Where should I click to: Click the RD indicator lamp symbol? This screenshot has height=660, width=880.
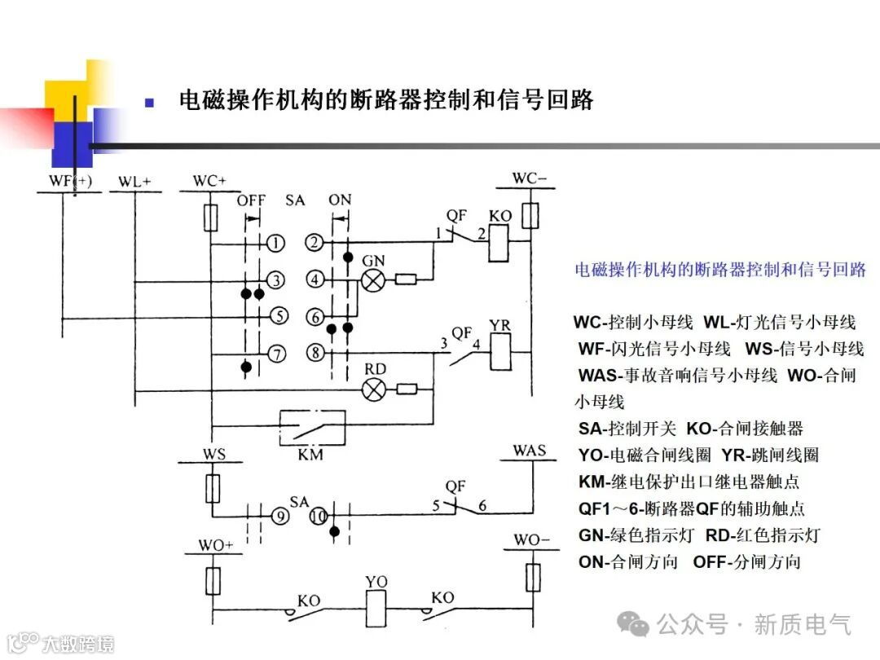[373, 389]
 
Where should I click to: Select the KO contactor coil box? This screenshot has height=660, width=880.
[499, 243]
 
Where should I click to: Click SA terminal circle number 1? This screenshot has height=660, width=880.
[277, 243]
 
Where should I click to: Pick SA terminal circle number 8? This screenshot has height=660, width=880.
[316, 354]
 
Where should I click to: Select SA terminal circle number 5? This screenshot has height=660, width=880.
[277, 315]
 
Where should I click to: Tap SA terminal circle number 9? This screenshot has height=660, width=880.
[280, 516]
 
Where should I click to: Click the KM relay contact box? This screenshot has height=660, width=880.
[310, 426]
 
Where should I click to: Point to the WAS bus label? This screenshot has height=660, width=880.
[530, 451]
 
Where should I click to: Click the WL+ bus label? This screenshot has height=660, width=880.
[134, 182]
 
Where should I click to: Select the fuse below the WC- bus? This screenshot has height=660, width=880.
[530, 216]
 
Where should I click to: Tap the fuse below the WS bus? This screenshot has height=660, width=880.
[213, 489]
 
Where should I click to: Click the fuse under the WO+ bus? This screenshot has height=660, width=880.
[213, 580]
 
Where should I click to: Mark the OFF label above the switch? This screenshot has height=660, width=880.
[251, 200]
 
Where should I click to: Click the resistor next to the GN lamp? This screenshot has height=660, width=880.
[406, 280]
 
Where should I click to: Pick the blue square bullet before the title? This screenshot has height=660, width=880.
[149, 103]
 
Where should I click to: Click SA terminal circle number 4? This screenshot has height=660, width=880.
[316, 279]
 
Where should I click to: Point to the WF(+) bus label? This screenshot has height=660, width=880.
[70, 181]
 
